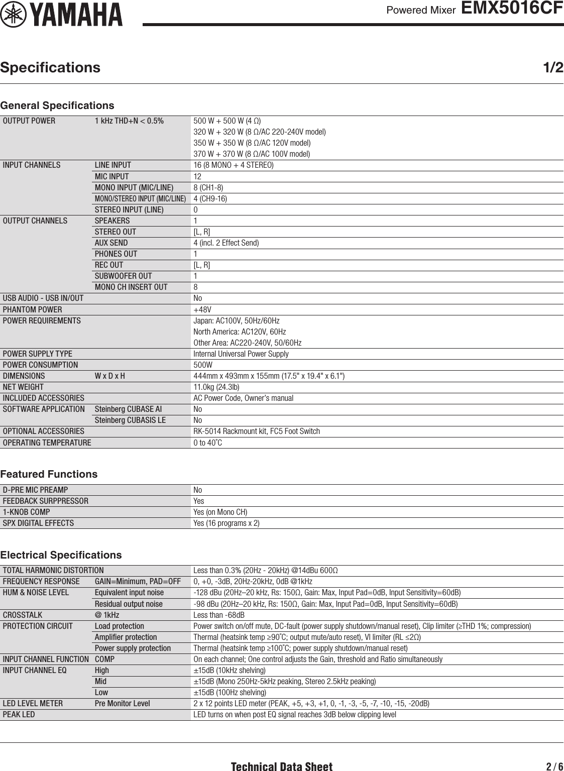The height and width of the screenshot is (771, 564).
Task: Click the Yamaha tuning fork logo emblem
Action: pos(13,15)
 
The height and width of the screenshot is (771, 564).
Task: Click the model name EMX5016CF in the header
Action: pos(512,9)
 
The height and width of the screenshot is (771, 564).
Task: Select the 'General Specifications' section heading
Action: pos(57,105)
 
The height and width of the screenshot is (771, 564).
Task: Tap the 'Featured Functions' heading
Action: pos(49,474)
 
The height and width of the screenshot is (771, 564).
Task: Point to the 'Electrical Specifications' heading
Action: pos(61,555)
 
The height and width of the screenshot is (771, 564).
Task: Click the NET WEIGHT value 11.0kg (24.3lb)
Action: pos(216,387)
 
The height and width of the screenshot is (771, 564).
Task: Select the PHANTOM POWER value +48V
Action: pos(202,309)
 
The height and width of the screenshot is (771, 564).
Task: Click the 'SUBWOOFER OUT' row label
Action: pos(123,276)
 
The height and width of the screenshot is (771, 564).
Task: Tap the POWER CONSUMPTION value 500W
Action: pos(203,365)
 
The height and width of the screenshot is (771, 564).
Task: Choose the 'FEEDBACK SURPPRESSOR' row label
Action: pos(46,501)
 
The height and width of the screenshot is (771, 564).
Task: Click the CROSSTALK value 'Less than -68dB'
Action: pos(219,615)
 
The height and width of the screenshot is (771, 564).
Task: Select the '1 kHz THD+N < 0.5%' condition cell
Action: pos(129,121)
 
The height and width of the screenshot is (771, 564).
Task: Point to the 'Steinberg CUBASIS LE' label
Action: pos(130,420)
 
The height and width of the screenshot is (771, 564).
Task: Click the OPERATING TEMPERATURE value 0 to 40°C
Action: pos(207,443)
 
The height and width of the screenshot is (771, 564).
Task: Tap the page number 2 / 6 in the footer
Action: pos(554,766)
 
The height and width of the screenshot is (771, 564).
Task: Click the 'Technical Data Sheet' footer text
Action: pos(281,766)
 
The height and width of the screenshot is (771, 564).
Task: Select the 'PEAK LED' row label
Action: pos(19,714)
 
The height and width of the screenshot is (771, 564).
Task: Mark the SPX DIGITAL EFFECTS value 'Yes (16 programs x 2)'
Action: pos(227,523)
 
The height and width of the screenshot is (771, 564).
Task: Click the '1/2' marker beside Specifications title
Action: pos(553,67)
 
